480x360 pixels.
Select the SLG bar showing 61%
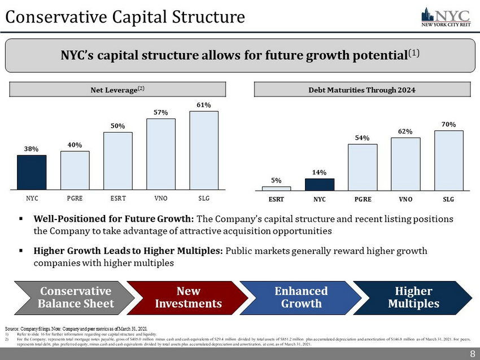[204, 150]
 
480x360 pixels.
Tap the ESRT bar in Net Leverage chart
[117, 161]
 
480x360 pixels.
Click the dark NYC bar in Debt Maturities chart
[320, 185]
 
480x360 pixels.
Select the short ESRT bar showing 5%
[277, 188]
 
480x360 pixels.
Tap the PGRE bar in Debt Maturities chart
[363, 167]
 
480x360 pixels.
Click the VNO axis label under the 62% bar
[405, 200]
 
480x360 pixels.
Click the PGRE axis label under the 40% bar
[75, 199]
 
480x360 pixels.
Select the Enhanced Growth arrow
[300, 297]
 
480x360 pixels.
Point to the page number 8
[472, 353]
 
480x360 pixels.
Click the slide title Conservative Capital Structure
[125, 17]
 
